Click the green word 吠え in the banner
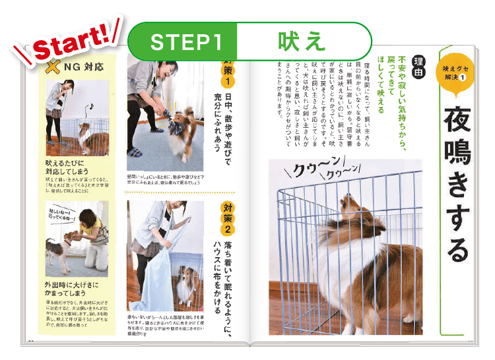tap(301, 42)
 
